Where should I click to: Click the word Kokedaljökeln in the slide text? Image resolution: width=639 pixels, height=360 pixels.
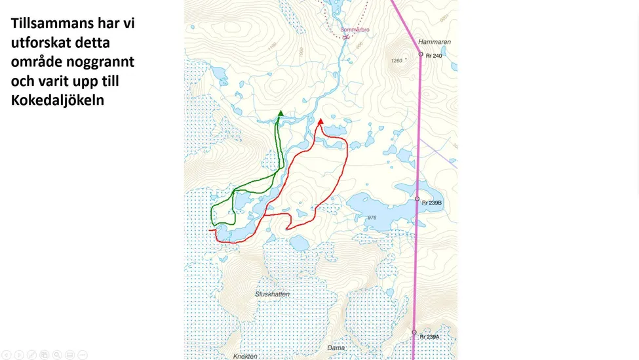pos(57,100)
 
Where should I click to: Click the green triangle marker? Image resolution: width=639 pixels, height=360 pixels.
pos(281,113)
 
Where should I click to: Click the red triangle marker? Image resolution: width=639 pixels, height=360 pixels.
pos(320,121)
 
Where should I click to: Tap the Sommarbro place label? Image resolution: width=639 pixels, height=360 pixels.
pos(355,30)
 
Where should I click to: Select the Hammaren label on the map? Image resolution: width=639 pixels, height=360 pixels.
pos(434,42)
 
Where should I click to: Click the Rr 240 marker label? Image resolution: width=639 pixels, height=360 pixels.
pos(434,56)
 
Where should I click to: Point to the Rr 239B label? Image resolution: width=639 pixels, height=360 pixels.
pos(432,203)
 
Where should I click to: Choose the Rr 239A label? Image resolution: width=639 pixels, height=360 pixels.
pos(430,337)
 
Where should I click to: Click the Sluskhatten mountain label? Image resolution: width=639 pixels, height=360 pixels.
pos(272,294)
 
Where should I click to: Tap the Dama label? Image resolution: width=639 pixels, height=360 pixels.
pos(336,348)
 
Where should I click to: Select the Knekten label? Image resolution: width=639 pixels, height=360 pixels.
pos(245,356)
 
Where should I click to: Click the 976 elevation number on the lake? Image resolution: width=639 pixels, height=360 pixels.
pos(372,218)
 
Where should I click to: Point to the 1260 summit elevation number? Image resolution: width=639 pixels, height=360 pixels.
pos(396,61)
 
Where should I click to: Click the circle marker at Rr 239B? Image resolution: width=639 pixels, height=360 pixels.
pos(417,199)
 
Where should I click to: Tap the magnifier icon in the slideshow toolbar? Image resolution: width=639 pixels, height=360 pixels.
pos(57,355)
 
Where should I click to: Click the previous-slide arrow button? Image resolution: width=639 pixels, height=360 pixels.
pos(7,355)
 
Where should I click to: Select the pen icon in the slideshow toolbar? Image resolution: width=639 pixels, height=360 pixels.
pos(31,355)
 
